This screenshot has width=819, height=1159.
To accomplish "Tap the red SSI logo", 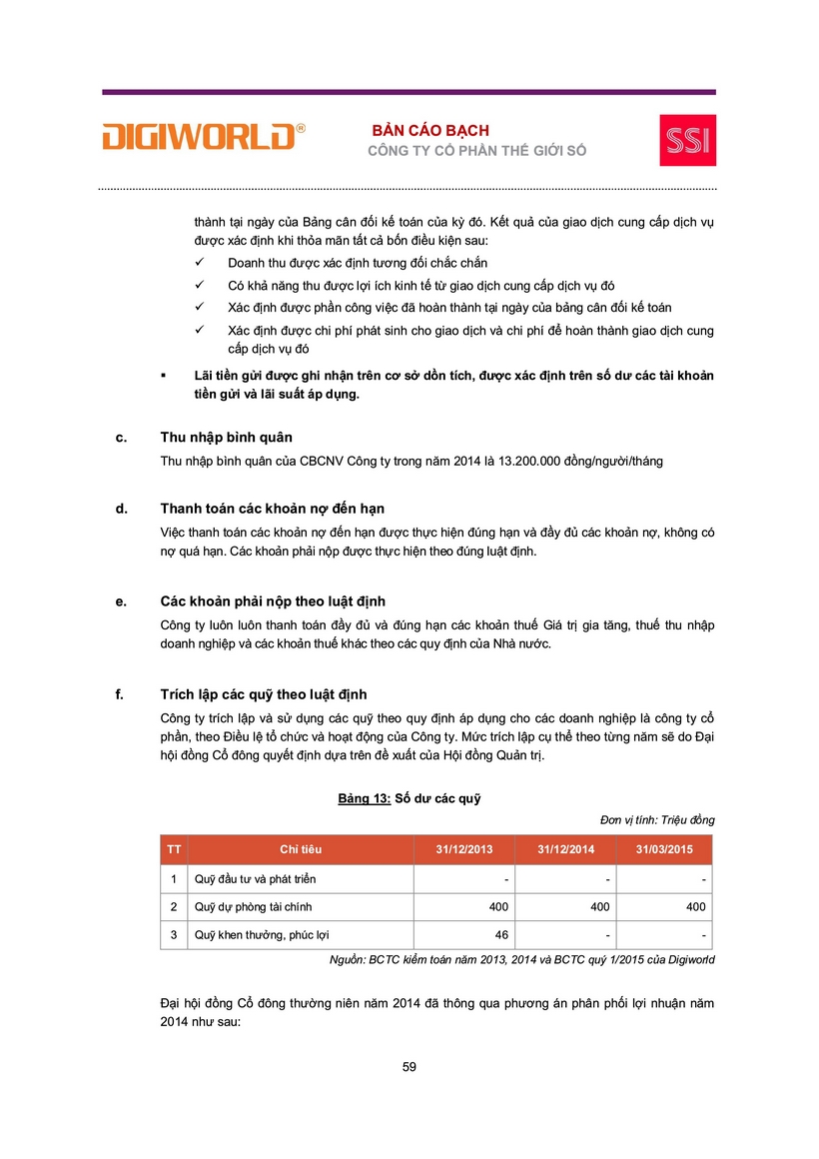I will [687, 140].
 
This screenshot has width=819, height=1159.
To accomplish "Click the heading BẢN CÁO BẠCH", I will [430, 131].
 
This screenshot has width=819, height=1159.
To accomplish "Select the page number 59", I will [409, 1067].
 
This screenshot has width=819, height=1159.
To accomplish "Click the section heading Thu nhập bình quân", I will [226, 438].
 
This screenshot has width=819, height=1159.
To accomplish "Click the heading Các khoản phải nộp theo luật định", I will [273, 601].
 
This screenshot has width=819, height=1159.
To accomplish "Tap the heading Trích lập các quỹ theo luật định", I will [271, 694].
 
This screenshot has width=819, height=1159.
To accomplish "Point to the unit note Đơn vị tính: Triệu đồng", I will [657, 820].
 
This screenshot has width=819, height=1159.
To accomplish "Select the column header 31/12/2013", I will [464, 849].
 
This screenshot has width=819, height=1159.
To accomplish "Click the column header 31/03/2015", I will [664, 849].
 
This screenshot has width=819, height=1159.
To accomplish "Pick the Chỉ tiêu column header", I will [301, 849].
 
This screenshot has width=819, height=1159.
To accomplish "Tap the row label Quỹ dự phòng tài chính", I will [255, 907].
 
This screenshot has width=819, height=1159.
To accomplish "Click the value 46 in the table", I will [501, 935].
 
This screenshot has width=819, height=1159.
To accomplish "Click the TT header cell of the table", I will [174, 849].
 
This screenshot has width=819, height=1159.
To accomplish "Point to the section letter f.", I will [120, 694].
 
